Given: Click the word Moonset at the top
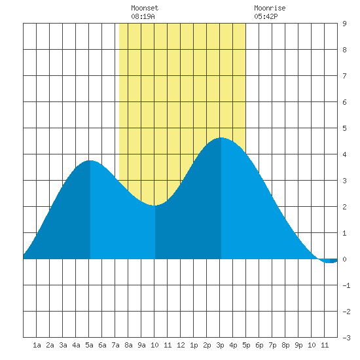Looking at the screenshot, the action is (x=145, y=8).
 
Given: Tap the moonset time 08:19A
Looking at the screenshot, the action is (x=143, y=16).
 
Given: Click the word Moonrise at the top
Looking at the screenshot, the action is (x=270, y=8).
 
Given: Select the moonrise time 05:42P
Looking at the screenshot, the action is (x=266, y=16).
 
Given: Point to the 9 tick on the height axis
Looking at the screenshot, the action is (x=344, y=24).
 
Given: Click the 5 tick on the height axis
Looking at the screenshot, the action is (x=344, y=128).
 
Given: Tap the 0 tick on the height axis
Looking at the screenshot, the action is (x=344, y=259).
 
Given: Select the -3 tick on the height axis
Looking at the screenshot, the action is (x=346, y=338).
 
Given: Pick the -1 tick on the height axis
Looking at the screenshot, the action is (x=346, y=285).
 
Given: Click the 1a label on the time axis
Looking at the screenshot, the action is (x=37, y=345).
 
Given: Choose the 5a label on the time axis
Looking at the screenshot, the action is (x=89, y=345).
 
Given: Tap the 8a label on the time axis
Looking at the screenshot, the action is (x=128, y=345).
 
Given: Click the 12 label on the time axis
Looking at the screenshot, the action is (x=181, y=345).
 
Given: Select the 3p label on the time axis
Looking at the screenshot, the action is (x=220, y=345).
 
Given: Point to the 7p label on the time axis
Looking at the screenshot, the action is (x=272, y=345).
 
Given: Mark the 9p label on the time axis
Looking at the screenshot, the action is (x=298, y=345).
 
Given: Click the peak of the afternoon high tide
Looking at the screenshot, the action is (x=221, y=137).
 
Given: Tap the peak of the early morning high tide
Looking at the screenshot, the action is (x=90, y=160).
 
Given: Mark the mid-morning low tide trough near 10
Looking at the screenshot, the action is (x=154, y=206).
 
